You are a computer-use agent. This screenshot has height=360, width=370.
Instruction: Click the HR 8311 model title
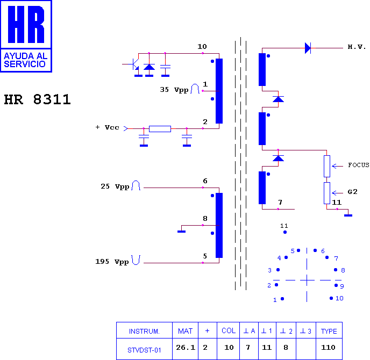point(37,99)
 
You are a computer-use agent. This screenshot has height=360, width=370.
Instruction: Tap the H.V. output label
point(357,47)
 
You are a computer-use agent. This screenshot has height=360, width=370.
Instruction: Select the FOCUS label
point(358,165)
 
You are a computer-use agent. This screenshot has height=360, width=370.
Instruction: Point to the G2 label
point(353,192)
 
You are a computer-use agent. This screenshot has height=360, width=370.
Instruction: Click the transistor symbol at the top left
point(133,64)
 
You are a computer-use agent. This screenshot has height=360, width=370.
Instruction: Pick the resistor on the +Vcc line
point(160,129)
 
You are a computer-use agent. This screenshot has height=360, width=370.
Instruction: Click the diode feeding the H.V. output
point(308,48)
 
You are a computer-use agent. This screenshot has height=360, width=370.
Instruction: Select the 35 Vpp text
point(174,90)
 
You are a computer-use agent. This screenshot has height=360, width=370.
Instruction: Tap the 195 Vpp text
point(112,262)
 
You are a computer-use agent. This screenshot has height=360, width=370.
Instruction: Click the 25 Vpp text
point(115,186)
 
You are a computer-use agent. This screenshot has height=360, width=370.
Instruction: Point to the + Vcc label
point(108,127)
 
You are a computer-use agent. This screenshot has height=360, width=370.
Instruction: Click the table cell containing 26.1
point(186,349)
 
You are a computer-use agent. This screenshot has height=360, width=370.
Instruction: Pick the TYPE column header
point(329,330)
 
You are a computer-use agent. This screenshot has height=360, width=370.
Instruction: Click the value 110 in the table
point(328,347)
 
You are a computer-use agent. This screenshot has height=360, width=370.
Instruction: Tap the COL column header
point(229,330)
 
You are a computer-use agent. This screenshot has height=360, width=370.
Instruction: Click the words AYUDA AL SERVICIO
point(25,60)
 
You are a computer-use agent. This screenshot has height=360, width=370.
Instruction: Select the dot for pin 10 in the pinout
point(331,298)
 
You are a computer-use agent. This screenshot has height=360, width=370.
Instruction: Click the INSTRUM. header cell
point(144,330)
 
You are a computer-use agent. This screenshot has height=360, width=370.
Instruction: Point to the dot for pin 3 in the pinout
point(278,270)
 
